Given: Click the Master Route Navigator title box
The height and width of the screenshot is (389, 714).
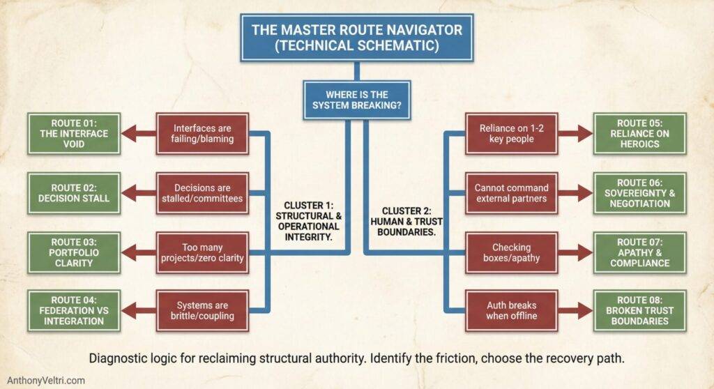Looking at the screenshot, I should click(356, 38).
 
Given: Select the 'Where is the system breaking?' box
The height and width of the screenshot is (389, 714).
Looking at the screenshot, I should click(356, 100).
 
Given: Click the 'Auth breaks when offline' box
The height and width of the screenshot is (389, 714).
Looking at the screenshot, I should click(511, 311).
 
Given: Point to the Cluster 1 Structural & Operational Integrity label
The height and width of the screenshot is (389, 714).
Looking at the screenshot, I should click(312, 221).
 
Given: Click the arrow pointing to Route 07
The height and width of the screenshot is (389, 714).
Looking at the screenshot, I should click(578, 252).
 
